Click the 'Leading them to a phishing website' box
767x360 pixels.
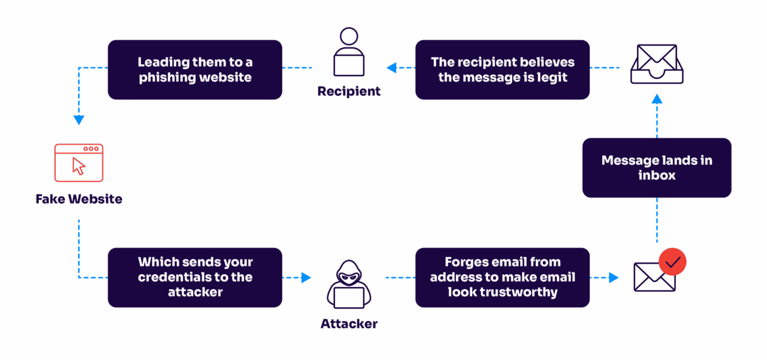(195, 69)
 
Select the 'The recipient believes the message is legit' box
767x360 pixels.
(502, 69)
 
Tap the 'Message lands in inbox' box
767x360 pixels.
(657, 168)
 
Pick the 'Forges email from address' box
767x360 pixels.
(502, 277)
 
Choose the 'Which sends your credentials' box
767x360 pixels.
(195, 277)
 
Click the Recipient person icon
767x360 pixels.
(349, 53)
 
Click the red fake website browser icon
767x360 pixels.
(79, 162)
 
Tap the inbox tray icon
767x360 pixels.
(657, 64)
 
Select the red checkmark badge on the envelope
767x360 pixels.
(672, 262)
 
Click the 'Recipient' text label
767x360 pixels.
(349, 92)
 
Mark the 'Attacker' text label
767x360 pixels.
(349, 324)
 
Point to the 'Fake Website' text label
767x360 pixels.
(79, 199)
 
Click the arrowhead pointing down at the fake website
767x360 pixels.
(79, 120)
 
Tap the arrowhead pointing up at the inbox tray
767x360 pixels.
(657, 99)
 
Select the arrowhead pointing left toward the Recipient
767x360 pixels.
(392, 68)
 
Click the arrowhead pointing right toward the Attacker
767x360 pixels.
(306, 277)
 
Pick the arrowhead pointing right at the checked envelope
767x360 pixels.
(613, 277)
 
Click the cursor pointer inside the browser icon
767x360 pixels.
(78, 166)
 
